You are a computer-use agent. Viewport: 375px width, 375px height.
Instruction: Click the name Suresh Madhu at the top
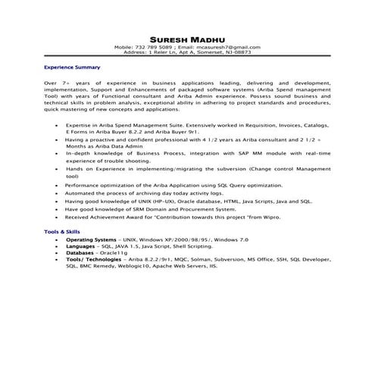187,39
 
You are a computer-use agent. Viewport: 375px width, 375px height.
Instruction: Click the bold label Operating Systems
89,239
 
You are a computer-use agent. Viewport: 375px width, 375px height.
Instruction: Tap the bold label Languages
80,246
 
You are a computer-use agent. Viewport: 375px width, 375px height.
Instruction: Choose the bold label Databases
82,253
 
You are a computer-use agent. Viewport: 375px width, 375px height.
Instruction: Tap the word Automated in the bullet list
80,193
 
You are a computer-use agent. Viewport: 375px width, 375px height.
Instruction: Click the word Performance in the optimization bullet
83,185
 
